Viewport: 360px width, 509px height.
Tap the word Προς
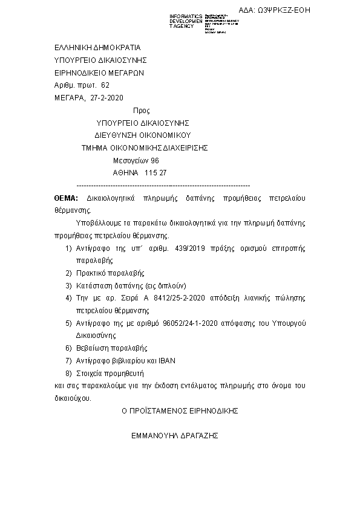click(140, 111)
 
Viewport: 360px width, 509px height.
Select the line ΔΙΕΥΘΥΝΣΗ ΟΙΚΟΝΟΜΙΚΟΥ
click(143, 135)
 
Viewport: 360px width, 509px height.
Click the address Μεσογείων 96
click(136, 160)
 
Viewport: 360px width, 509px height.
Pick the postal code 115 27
click(155, 173)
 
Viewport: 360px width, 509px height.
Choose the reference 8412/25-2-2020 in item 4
click(166, 298)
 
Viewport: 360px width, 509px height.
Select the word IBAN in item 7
click(166, 361)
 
